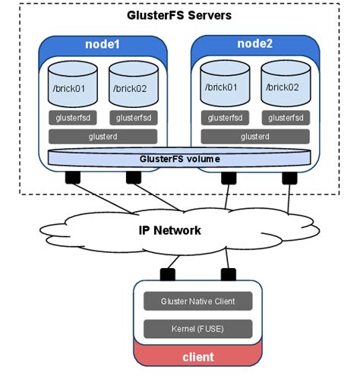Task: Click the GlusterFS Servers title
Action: tap(179, 15)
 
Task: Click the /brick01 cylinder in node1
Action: tap(73, 84)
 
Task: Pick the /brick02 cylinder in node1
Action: tap(133, 84)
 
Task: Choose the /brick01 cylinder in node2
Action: tap(224, 84)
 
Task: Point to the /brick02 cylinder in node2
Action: tap(285, 84)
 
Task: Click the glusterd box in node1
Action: tap(103, 137)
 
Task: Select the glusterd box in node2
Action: tap(254, 137)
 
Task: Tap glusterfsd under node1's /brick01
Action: tap(73, 118)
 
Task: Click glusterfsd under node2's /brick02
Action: tap(285, 118)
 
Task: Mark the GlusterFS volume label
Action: tap(179, 159)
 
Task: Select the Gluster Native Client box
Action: tap(197, 301)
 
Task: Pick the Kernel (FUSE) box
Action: tap(197, 328)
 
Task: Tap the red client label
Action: tap(197, 356)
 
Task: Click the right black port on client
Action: tap(226, 273)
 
